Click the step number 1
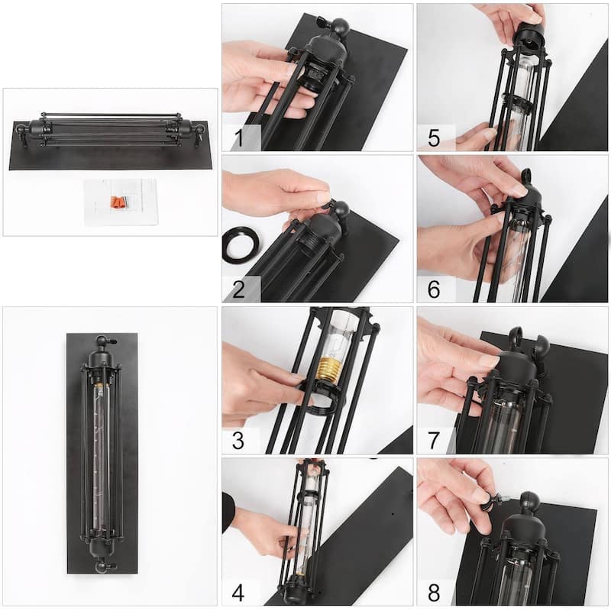[x=239, y=138]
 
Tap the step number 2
[x=238, y=289]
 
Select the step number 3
[x=238, y=441]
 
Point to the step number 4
[x=238, y=593]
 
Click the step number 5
[x=434, y=138]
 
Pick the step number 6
[x=434, y=289]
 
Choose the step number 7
[x=434, y=441]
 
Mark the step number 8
[x=434, y=593]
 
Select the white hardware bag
[x=121, y=201]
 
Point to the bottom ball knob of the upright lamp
[x=102, y=565]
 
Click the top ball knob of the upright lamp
[x=102, y=341]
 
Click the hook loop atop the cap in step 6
[x=526, y=176]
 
